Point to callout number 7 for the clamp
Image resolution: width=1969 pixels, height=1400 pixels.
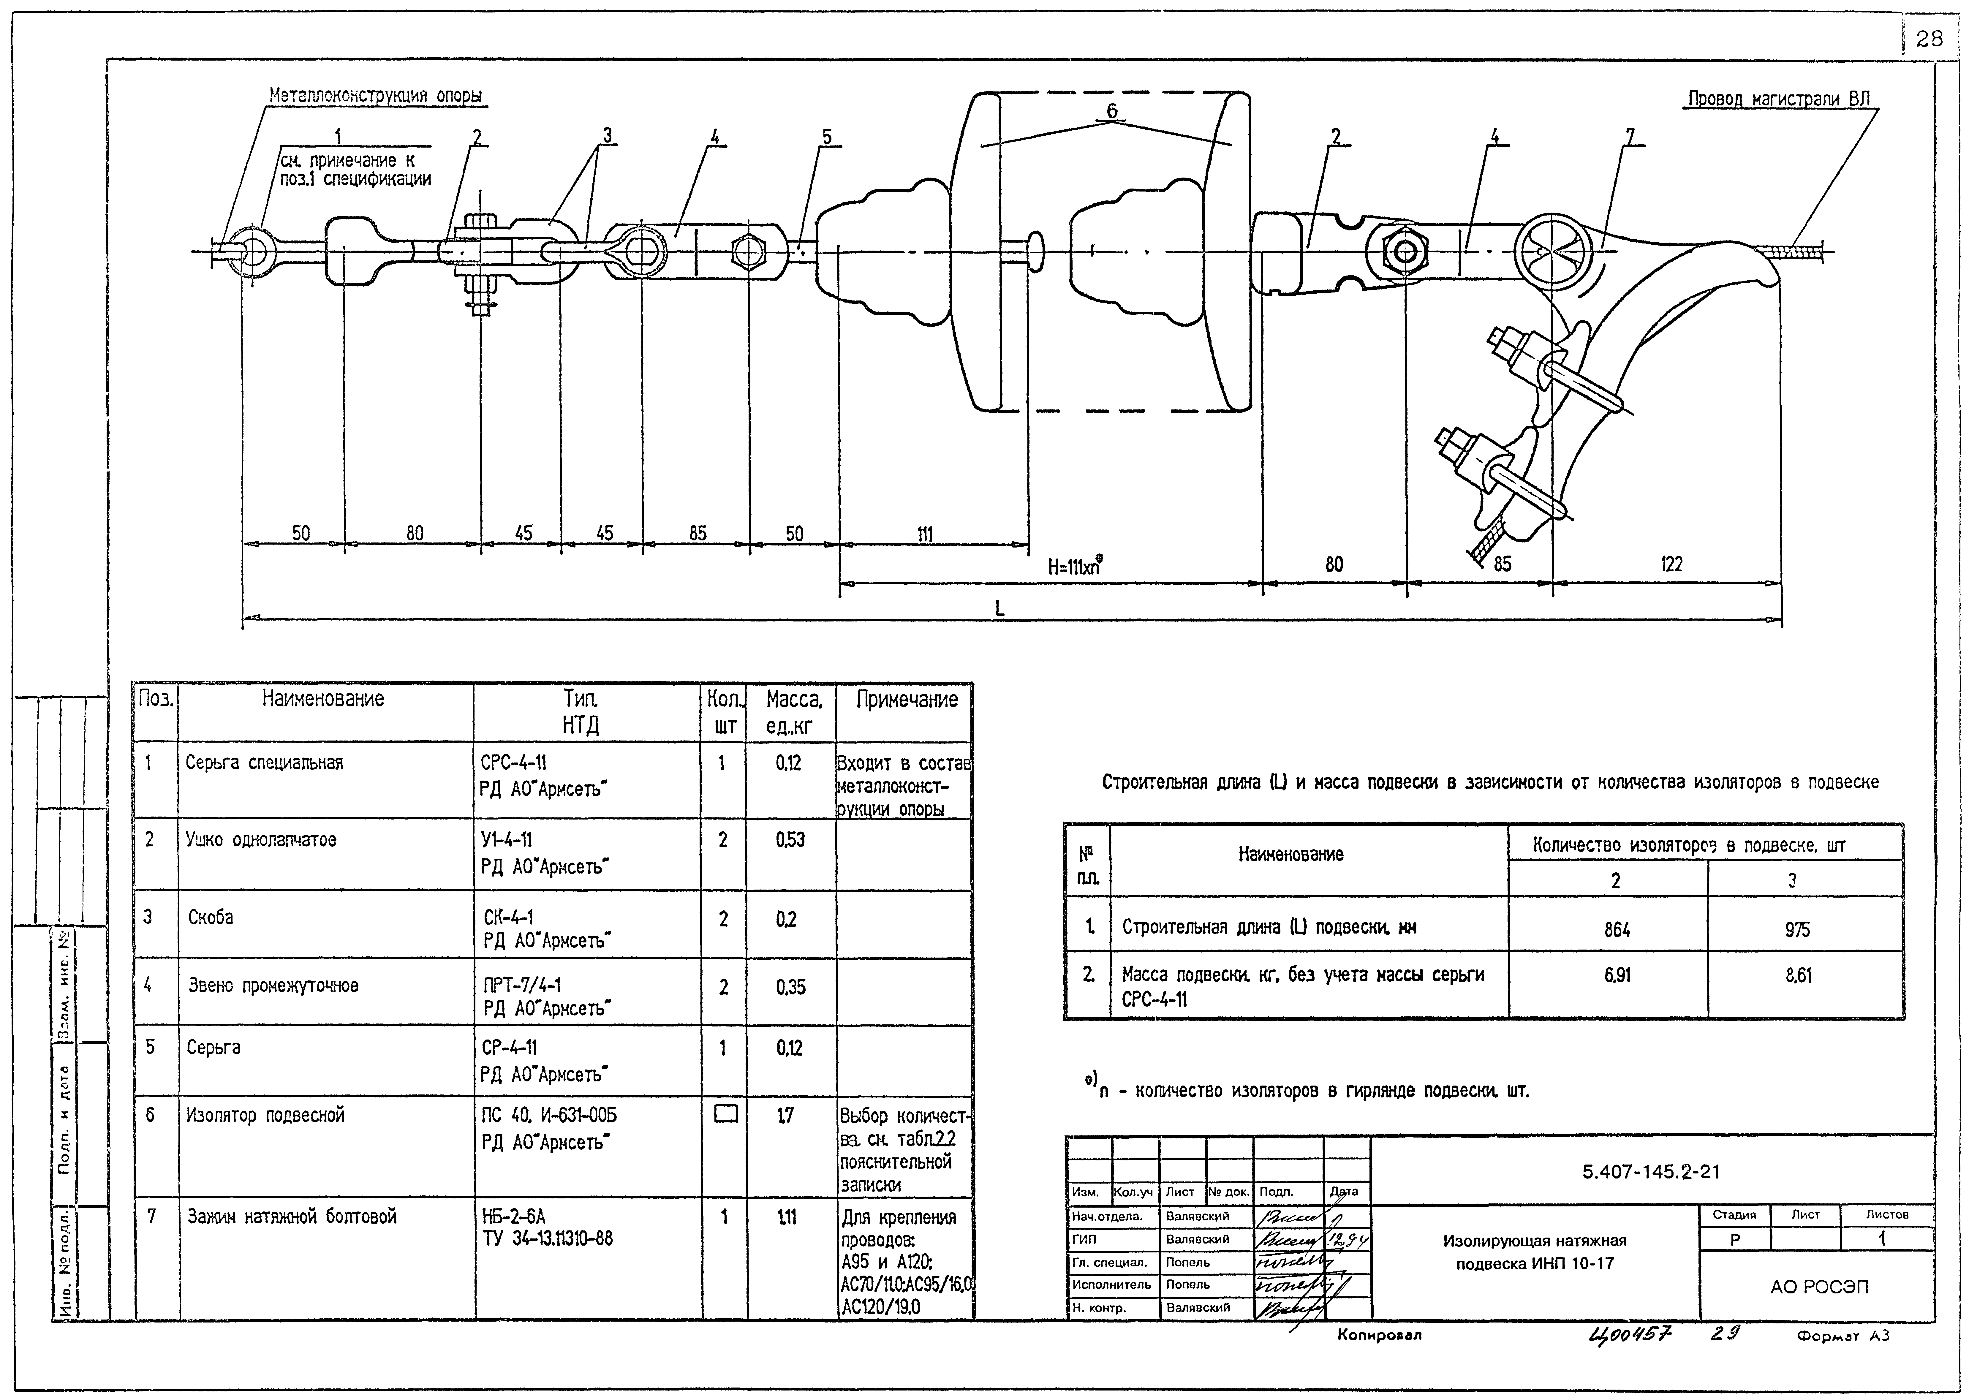[x=1629, y=136]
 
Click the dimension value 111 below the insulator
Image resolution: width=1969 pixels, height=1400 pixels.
[x=924, y=534]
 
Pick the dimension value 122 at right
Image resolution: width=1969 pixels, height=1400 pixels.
[x=1671, y=565]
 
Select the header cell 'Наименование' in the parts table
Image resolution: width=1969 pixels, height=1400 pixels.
[x=323, y=699]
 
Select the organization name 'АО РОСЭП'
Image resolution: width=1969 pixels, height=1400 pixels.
[x=1819, y=1287]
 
